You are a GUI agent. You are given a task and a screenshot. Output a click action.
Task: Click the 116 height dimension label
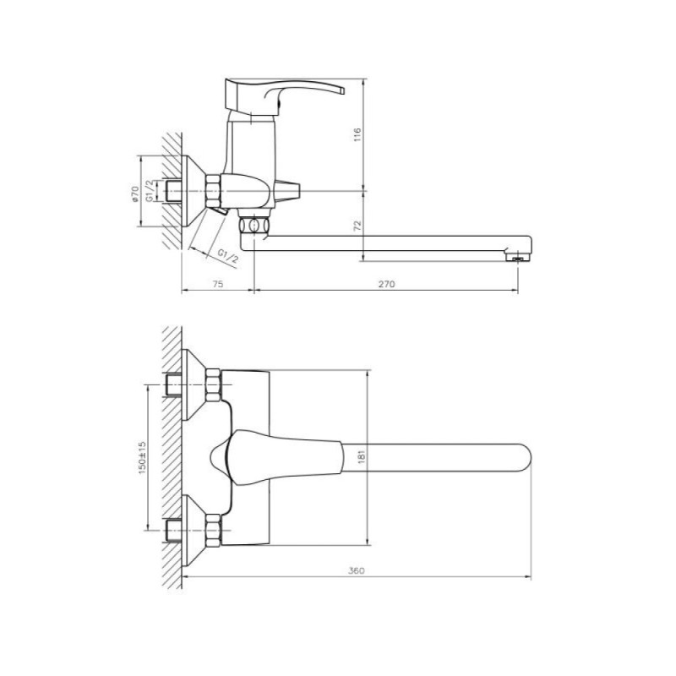click(357, 135)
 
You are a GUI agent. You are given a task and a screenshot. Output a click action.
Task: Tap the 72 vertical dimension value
click(357, 225)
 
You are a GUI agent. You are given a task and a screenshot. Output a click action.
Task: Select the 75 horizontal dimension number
click(218, 284)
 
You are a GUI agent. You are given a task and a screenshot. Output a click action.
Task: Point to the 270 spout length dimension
click(386, 284)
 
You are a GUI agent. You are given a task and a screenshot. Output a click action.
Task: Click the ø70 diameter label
click(134, 194)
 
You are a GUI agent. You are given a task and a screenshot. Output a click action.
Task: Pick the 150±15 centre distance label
click(142, 458)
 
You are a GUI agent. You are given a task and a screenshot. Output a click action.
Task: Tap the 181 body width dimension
click(362, 457)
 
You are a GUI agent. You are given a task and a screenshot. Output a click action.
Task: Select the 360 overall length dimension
click(356, 570)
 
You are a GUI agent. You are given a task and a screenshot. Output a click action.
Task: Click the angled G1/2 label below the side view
click(227, 256)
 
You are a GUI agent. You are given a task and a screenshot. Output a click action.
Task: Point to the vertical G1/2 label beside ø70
click(150, 191)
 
